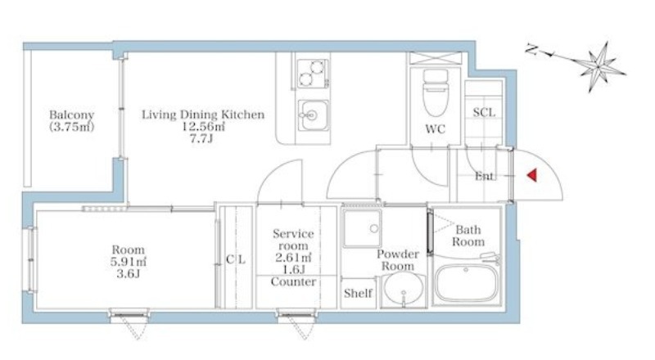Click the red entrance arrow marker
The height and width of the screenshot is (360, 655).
531,175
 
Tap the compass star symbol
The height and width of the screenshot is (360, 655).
599,66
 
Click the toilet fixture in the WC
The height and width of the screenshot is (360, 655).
436,92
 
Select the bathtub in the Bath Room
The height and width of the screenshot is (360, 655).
467,282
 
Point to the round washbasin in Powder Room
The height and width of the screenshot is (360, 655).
403,289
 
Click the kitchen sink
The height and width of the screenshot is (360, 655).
314,115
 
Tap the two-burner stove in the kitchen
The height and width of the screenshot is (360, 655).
313,74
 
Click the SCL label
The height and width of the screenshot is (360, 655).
484,112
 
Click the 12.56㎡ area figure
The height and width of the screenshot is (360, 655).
203,126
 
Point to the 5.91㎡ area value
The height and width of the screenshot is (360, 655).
129,262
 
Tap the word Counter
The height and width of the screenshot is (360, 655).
293,282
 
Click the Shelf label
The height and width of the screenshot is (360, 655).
358,293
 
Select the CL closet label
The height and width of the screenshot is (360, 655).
236,259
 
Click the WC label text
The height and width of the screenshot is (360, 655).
436,129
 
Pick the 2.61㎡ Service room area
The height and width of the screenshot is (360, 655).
293,258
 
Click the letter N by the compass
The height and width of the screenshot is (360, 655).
531,50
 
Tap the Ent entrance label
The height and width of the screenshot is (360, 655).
484,176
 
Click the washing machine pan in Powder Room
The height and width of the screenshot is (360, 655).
362,229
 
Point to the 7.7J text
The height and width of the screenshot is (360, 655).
201,138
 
